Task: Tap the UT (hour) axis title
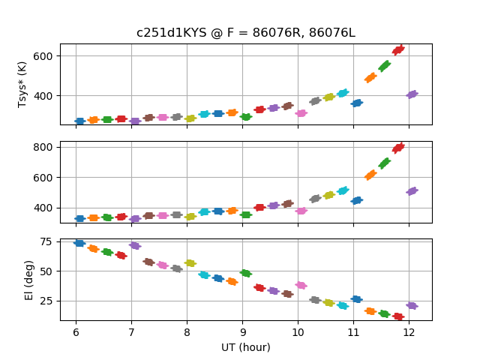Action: [x=245, y=347]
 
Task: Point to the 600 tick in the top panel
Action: [x=43, y=56]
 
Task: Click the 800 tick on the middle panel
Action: [x=43, y=147]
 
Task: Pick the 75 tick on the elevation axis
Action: [x=46, y=241]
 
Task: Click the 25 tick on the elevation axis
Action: [x=46, y=301]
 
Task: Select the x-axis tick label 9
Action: [x=242, y=332]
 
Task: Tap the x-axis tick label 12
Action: [x=409, y=332]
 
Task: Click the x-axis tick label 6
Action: [x=76, y=332]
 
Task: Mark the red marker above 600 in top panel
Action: [x=398, y=49]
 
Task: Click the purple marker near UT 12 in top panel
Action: [x=412, y=94]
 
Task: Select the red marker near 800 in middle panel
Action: [x=398, y=148]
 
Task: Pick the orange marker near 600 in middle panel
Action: [x=370, y=175]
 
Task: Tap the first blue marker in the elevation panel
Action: [x=79, y=243]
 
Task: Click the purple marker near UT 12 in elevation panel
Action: [x=412, y=305]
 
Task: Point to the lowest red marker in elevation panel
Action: [x=398, y=316]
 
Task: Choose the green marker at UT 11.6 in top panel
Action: [x=385, y=66]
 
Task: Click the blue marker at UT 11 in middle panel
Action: [x=357, y=200]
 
